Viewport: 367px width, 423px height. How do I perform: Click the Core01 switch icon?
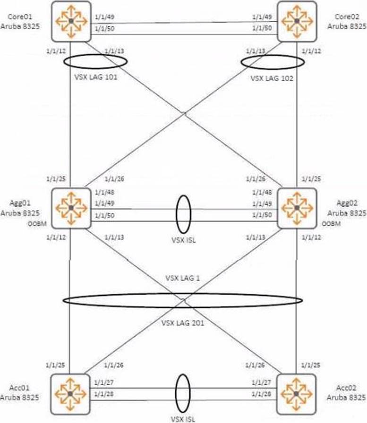[x=70, y=21]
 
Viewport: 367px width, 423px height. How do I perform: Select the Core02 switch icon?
[x=296, y=21]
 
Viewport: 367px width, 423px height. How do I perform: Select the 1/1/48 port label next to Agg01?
[x=103, y=193]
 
